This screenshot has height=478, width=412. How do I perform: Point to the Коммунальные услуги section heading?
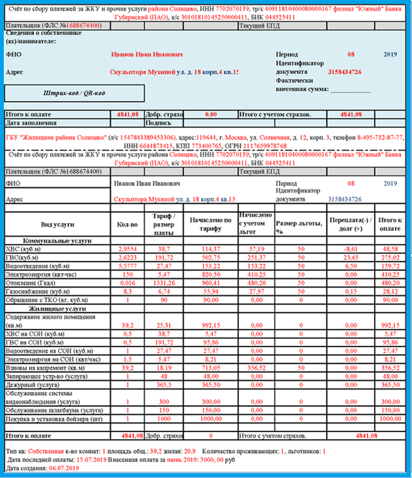55,241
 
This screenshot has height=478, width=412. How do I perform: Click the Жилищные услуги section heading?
55,308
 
